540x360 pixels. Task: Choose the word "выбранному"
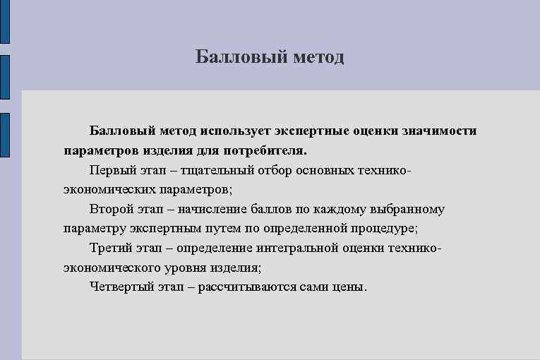pos(404,210)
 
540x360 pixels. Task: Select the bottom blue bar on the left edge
pos(4,134)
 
